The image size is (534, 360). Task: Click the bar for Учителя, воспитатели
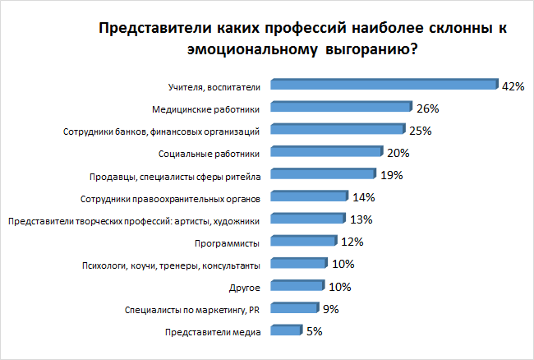(x=383, y=85)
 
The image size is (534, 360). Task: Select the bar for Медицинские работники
(x=340, y=108)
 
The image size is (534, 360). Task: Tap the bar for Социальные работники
(x=326, y=153)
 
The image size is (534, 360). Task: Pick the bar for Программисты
(x=303, y=242)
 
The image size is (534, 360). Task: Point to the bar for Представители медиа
(x=285, y=332)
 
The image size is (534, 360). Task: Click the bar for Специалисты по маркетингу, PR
(x=294, y=310)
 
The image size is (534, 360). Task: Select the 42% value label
(x=513, y=85)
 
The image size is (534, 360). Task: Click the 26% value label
(x=427, y=108)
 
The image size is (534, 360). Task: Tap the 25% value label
(x=420, y=130)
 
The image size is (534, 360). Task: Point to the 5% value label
(x=314, y=332)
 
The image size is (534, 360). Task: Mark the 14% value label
(x=363, y=197)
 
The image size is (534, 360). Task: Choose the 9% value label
(x=331, y=310)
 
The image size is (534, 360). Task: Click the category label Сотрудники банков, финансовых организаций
(x=162, y=131)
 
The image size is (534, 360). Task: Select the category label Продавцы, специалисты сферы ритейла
(x=174, y=175)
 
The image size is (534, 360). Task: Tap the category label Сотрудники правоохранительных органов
(x=171, y=198)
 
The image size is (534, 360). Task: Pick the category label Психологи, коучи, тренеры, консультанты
(x=172, y=265)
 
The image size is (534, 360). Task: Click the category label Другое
(x=245, y=288)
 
